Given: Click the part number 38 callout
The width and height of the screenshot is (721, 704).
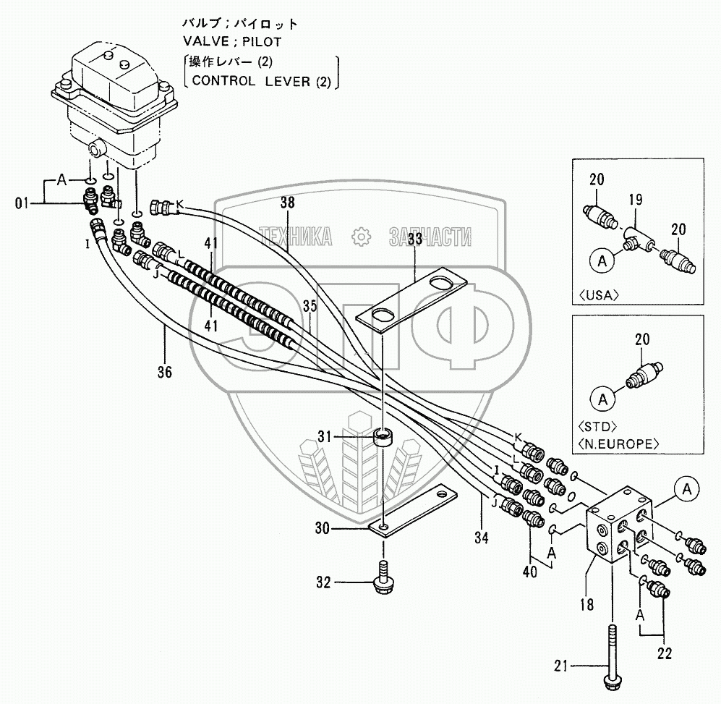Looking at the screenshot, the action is click(x=287, y=203).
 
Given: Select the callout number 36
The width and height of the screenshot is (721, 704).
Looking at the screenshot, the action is click(x=165, y=371).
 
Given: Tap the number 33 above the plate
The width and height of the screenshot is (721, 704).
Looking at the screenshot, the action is click(x=415, y=239).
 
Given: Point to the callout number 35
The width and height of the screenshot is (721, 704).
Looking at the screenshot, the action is click(x=310, y=306).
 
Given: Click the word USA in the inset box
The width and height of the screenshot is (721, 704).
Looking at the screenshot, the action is click(x=599, y=295).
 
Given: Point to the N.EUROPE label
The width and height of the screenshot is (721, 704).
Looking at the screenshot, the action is click(x=618, y=444).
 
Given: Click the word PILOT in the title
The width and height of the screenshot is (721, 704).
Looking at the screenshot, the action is click(x=261, y=42).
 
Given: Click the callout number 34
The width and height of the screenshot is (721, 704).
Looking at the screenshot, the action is click(x=482, y=537).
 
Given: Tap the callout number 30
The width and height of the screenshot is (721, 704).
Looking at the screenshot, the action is click(x=323, y=528).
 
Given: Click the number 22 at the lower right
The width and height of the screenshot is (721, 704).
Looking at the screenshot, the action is click(x=665, y=653).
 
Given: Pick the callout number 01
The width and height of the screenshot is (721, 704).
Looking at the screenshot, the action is click(x=22, y=203).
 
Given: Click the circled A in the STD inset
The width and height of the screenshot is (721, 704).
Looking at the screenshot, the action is click(x=603, y=399).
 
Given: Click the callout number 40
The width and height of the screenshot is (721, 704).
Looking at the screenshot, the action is click(x=529, y=572).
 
